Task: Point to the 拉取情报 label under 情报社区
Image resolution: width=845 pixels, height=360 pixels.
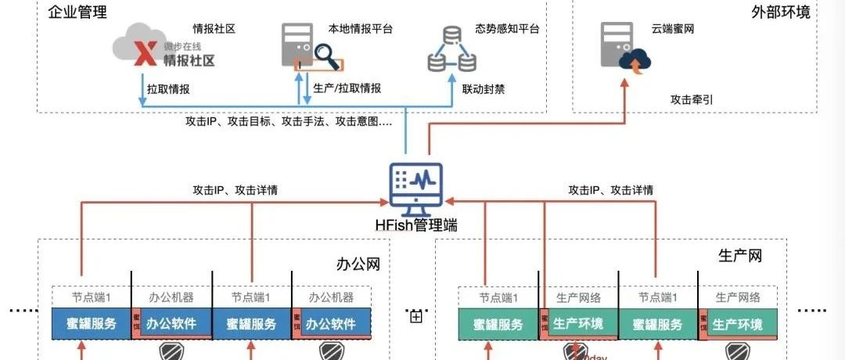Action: [x=168, y=88]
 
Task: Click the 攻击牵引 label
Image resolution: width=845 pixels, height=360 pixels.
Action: [x=692, y=99]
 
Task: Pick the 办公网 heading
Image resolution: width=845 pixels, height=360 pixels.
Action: [x=365, y=265]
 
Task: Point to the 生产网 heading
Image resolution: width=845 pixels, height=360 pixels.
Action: [x=739, y=256]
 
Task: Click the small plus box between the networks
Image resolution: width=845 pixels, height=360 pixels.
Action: [x=415, y=317]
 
